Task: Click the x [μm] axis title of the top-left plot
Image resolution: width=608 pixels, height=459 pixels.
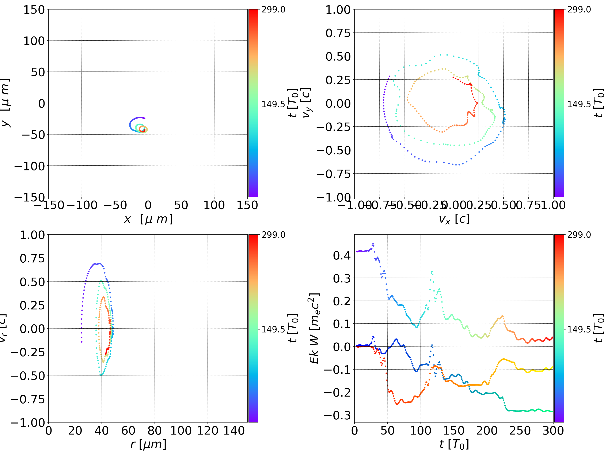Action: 148,219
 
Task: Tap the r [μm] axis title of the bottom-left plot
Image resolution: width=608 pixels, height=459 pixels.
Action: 148,444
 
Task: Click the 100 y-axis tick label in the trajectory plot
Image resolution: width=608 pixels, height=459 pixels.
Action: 34,41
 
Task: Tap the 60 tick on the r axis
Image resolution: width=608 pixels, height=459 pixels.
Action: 128,431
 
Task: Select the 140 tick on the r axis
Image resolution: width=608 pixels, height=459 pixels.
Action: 234,431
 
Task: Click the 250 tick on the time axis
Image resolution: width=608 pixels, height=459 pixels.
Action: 520,431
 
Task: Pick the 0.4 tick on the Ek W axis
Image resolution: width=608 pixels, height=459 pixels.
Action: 342,255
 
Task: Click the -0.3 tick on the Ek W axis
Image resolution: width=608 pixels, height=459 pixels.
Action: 338,415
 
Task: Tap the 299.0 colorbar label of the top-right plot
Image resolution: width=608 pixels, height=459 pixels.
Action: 579,10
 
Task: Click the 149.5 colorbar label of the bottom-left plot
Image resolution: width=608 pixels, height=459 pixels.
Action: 273,329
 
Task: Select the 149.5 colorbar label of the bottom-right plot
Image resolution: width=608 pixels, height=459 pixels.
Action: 579,329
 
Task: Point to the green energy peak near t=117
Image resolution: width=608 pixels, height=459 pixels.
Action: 432,272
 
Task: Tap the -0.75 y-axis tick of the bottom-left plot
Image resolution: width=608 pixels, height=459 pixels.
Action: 27,399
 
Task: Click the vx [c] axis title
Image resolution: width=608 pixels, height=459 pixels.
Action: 454,219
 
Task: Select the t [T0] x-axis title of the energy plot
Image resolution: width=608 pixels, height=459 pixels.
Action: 454,444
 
